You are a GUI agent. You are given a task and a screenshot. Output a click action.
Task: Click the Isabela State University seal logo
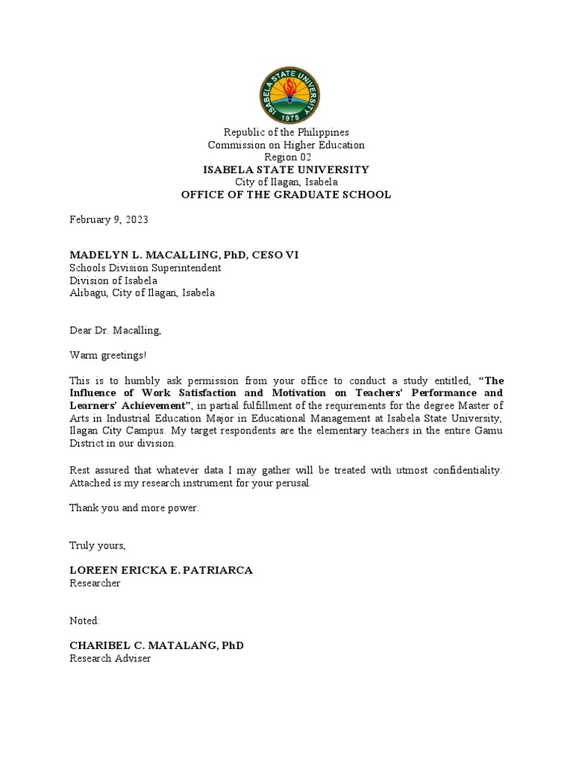tap(286, 95)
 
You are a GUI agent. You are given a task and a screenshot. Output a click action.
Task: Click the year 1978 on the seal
tap(286, 118)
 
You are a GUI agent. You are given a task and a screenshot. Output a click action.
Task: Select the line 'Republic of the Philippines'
tap(286, 132)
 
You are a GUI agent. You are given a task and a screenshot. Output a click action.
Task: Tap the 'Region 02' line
tap(286, 157)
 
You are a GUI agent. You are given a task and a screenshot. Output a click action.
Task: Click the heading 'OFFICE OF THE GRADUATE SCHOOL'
tap(286, 195)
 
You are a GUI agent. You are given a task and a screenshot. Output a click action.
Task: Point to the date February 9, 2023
tap(109, 219)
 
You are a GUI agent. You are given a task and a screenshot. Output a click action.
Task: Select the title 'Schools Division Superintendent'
tap(145, 268)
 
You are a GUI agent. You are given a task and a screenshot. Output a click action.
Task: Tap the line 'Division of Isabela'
tap(113, 281)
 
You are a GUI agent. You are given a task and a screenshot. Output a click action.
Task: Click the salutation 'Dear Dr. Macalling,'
tap(115, 330)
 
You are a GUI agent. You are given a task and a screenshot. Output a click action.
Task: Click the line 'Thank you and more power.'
tap(134, 508)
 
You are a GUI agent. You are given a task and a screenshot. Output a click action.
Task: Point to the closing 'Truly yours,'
tap(98, 545)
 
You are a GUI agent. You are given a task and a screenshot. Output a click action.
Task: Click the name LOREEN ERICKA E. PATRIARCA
tap(161, 570)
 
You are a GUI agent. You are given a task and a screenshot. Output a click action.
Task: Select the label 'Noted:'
tap(84, 620)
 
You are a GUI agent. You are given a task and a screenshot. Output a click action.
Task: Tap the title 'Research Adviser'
tap(110, 659)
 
